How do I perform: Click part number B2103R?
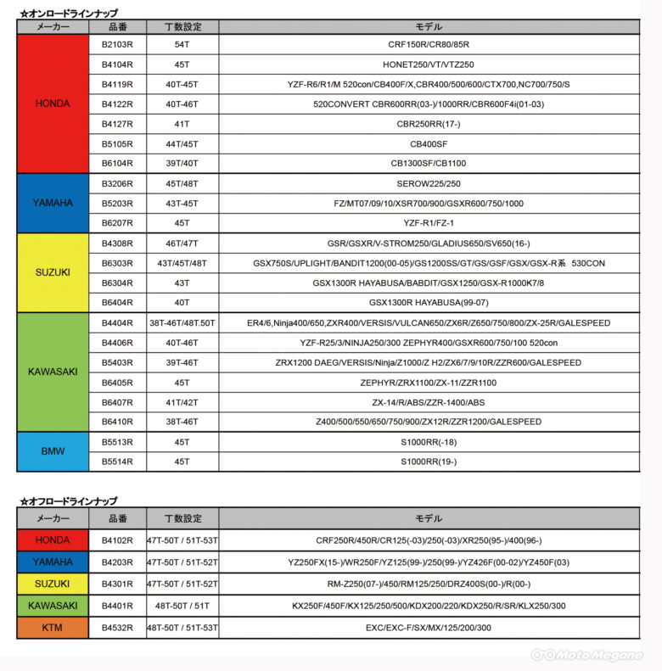(117, 44)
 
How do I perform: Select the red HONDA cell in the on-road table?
(53, 103)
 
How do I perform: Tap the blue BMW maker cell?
(53, 451)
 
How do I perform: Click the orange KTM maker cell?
(53, 628)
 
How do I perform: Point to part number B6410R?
(117, 422)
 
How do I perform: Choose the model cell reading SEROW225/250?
(428, 182)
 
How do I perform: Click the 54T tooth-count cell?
(182, 44)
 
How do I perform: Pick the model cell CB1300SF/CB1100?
(428, 162)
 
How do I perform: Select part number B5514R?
(117, 461)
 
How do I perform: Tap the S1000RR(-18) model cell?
(428, 442)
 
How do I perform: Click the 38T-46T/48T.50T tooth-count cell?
(182, 323)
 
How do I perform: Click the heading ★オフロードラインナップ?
(67, 500)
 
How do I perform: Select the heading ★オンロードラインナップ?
(67, 13)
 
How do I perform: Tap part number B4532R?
(117, 628)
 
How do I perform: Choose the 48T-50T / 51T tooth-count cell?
(182, 606)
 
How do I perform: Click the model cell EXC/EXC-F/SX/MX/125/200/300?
(428, 628)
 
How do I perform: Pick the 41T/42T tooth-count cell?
(182, 402)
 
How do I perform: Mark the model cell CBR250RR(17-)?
(428, 123)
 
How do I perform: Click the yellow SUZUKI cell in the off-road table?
(53, 584)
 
